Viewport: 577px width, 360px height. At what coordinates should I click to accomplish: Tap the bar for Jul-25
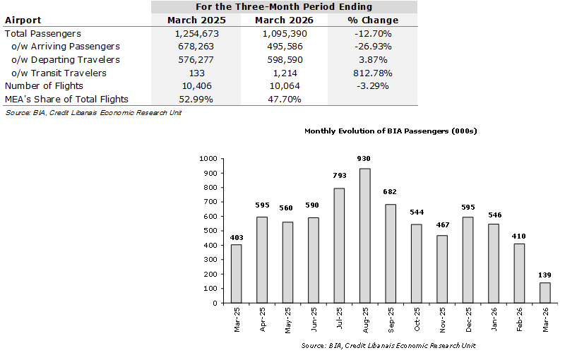tap(339, 246)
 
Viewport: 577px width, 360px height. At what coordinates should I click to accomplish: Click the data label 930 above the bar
tap(365, 160)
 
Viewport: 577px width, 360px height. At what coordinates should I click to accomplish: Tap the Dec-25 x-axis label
tap(468, 319)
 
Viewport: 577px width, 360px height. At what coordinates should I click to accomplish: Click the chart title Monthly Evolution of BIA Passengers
tap(391, 131)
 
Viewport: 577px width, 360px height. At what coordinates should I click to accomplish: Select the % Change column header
tap(374, 20)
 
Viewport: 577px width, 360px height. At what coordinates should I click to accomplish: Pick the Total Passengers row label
tap(43, 33)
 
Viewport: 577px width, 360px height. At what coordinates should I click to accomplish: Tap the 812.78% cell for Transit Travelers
tap(374, 73)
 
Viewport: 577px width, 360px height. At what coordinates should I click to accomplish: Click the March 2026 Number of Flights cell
tap(285, 86)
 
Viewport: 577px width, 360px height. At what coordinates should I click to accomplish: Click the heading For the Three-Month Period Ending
tap(285, 6)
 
